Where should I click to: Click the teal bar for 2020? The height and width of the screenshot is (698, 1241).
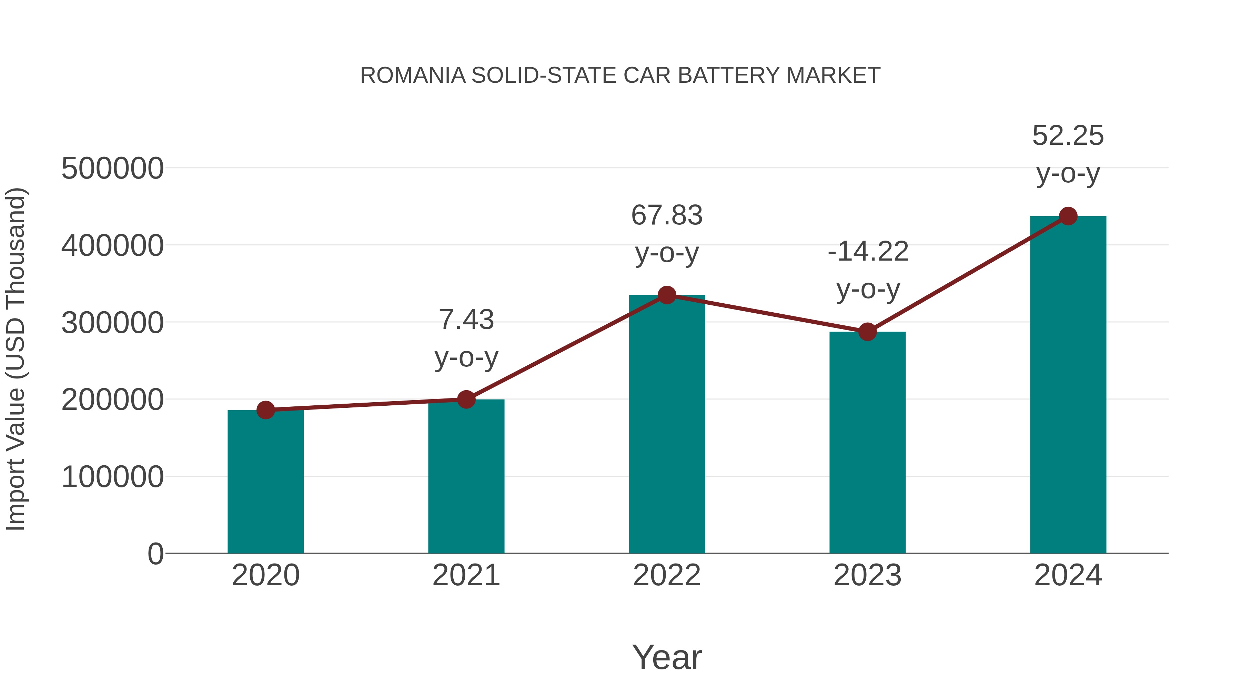pos(265,482)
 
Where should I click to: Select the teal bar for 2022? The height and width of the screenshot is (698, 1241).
pos(667,424)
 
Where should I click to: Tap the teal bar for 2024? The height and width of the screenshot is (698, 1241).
pos(1068,385)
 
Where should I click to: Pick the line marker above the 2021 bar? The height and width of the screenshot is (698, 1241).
pos(466,399)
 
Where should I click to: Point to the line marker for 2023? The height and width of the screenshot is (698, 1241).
pos(867,332)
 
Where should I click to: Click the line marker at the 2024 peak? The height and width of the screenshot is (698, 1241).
pos(1068,216)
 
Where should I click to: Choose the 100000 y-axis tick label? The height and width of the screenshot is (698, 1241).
pos(112,477)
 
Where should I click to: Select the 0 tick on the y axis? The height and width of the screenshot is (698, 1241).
pos(155,554)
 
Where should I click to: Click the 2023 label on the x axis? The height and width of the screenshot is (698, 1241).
pos(867,575)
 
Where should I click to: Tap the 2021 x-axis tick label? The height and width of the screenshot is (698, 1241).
pos(466,575)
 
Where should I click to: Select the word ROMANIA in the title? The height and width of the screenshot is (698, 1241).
pos(413,75)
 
